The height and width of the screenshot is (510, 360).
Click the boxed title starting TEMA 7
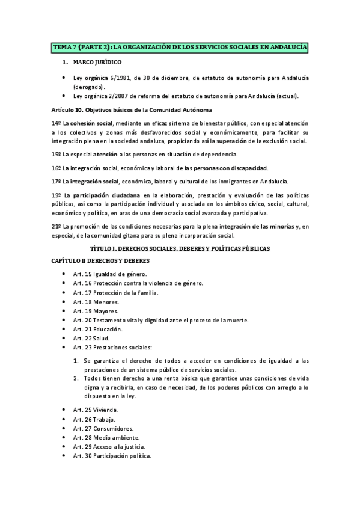click(180, 47)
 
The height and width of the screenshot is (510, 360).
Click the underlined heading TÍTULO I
click(180, 248)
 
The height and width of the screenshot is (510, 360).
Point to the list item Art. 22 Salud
click(91, 339)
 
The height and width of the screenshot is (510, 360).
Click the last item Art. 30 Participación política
click(112, 455)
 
